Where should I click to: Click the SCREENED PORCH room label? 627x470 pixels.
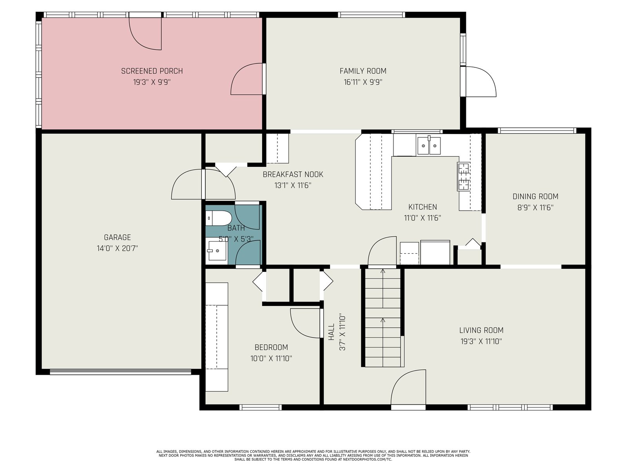click(x=152, y=71)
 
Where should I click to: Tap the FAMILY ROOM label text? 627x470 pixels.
click(x=363, y=71)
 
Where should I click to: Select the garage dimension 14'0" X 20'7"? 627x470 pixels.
click(x=117, y=249)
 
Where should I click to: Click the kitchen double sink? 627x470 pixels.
click(x=429, y=146)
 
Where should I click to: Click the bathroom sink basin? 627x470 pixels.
click(x=217, y=251)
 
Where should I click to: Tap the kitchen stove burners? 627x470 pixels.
click(x=464, y=176)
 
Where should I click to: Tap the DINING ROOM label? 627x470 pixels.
click(x=535, y=196)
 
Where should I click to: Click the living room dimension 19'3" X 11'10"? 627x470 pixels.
click(x=481, y=342)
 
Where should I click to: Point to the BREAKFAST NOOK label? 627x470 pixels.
click(x=293, y=174)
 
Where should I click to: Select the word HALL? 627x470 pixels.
click(x=332, y=332)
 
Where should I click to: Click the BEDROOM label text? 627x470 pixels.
click(x=271, y=347)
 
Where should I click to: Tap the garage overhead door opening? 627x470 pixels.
click(x=120, y=372)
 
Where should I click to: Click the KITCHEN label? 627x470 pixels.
click(x=422, y=207)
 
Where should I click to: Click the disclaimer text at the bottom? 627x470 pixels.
click(x=313, y=456)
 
